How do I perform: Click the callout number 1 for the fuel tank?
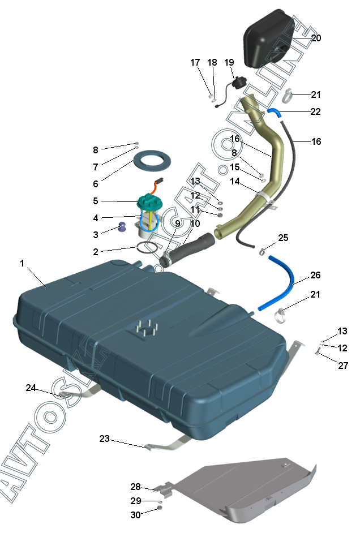(22, 263)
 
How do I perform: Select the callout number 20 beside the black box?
(316, 38)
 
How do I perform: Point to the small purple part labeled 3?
(122, 228)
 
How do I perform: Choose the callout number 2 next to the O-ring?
(96, 251)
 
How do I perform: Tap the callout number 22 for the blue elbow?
(315, 111)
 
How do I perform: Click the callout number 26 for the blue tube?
(315, 275)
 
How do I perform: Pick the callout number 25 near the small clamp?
(283, 238)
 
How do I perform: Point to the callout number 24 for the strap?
(31, 388)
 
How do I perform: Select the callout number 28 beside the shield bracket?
(135, 487)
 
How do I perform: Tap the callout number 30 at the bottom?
(135, 514)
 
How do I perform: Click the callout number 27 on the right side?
(343, 366)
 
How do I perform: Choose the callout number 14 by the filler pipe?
(235, 182)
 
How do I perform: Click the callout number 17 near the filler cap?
(195, 62)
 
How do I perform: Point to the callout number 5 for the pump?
(96, 201)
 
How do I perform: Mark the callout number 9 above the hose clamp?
(177, 223)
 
